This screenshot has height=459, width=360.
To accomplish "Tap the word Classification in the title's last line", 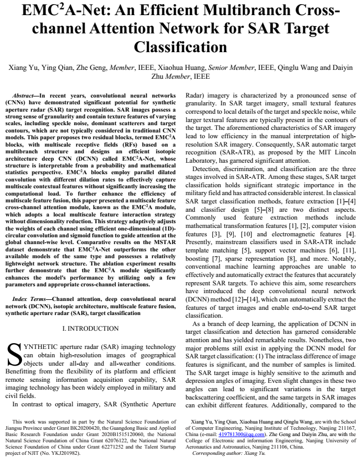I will pos(180,47).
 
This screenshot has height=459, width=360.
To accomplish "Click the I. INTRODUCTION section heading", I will pos(90,329).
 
